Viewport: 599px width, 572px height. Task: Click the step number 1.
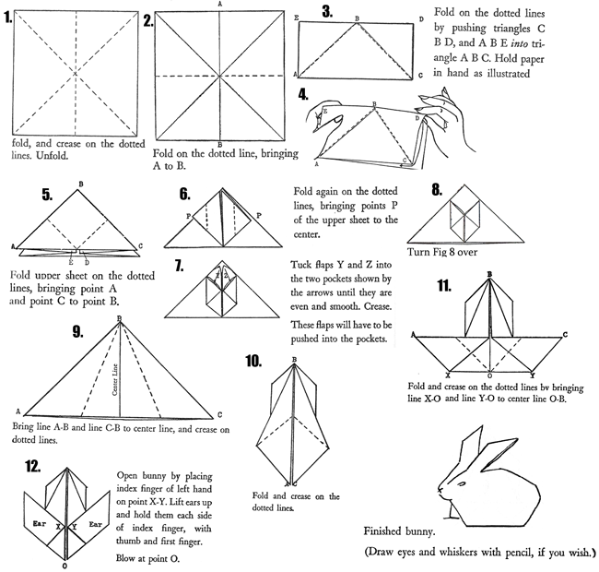click(x=8, y=16)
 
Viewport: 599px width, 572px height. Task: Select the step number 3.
click(x=327, y=12)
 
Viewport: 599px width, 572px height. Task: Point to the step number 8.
click(x=441, y=190)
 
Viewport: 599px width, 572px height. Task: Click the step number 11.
click(x=444, y=287)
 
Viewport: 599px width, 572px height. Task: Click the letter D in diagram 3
click(x=421, y=18)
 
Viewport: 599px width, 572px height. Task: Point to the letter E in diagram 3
click(x=296, y=18)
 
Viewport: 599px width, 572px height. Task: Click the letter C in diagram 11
click(x=564, y=334)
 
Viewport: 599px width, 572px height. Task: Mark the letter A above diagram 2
click(x=219, y=5)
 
